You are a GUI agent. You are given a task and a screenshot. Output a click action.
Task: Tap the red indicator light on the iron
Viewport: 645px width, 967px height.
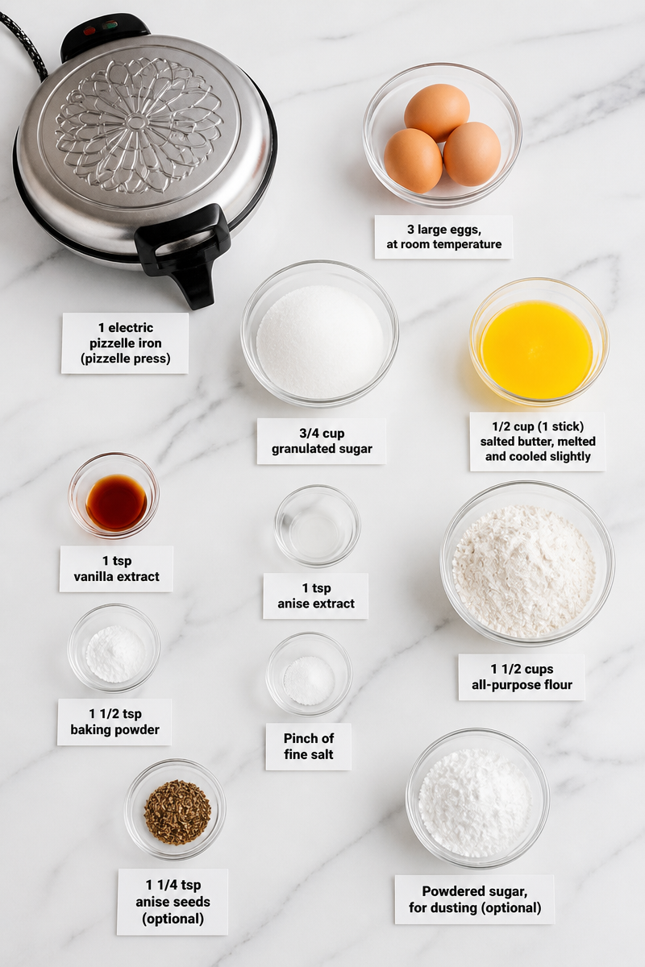pos(89,31)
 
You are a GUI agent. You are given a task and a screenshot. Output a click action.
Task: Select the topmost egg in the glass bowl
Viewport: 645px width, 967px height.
pos(437,112)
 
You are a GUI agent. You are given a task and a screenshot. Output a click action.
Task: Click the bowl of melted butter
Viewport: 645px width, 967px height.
pos(539,342)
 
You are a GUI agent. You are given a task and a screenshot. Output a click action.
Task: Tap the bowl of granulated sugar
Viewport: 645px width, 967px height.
pos(320,334)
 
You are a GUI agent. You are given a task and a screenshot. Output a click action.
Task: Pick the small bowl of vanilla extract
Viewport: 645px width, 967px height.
pos(114,495)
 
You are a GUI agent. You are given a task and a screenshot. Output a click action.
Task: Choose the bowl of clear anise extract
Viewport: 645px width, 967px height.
pos(317,525)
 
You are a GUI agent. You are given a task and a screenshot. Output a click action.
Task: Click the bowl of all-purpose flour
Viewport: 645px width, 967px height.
pos(527,562)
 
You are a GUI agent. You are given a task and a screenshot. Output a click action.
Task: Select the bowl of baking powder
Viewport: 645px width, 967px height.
pos(114,648)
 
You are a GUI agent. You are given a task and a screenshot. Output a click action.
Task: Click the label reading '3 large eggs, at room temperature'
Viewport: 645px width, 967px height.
pos(443,237)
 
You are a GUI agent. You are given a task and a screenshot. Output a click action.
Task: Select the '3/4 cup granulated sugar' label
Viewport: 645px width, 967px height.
pos(322,442)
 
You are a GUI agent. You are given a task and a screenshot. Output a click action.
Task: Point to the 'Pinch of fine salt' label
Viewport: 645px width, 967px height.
pos(309,746)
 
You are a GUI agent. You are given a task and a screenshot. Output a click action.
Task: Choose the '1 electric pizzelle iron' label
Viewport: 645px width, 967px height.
pos(125,343)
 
